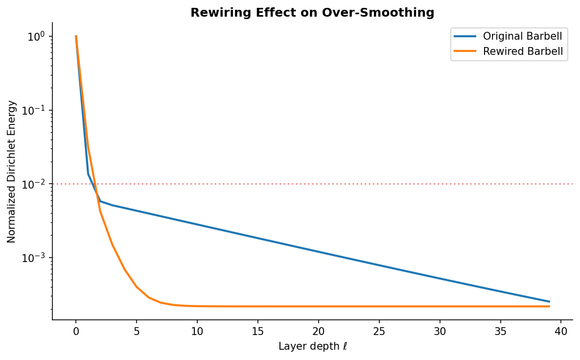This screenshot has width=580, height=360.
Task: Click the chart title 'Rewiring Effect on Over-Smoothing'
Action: point(312,12)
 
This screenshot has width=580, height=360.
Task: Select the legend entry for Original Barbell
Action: point(522,36)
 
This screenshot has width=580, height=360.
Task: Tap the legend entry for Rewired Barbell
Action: point(523,51)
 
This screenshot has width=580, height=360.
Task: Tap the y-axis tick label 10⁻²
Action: point(36,184)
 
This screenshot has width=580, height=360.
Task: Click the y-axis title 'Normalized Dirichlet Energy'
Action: point(12,171)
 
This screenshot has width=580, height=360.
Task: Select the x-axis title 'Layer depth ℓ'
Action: point(312,346)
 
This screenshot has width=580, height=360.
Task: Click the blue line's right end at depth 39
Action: point(549,302)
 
